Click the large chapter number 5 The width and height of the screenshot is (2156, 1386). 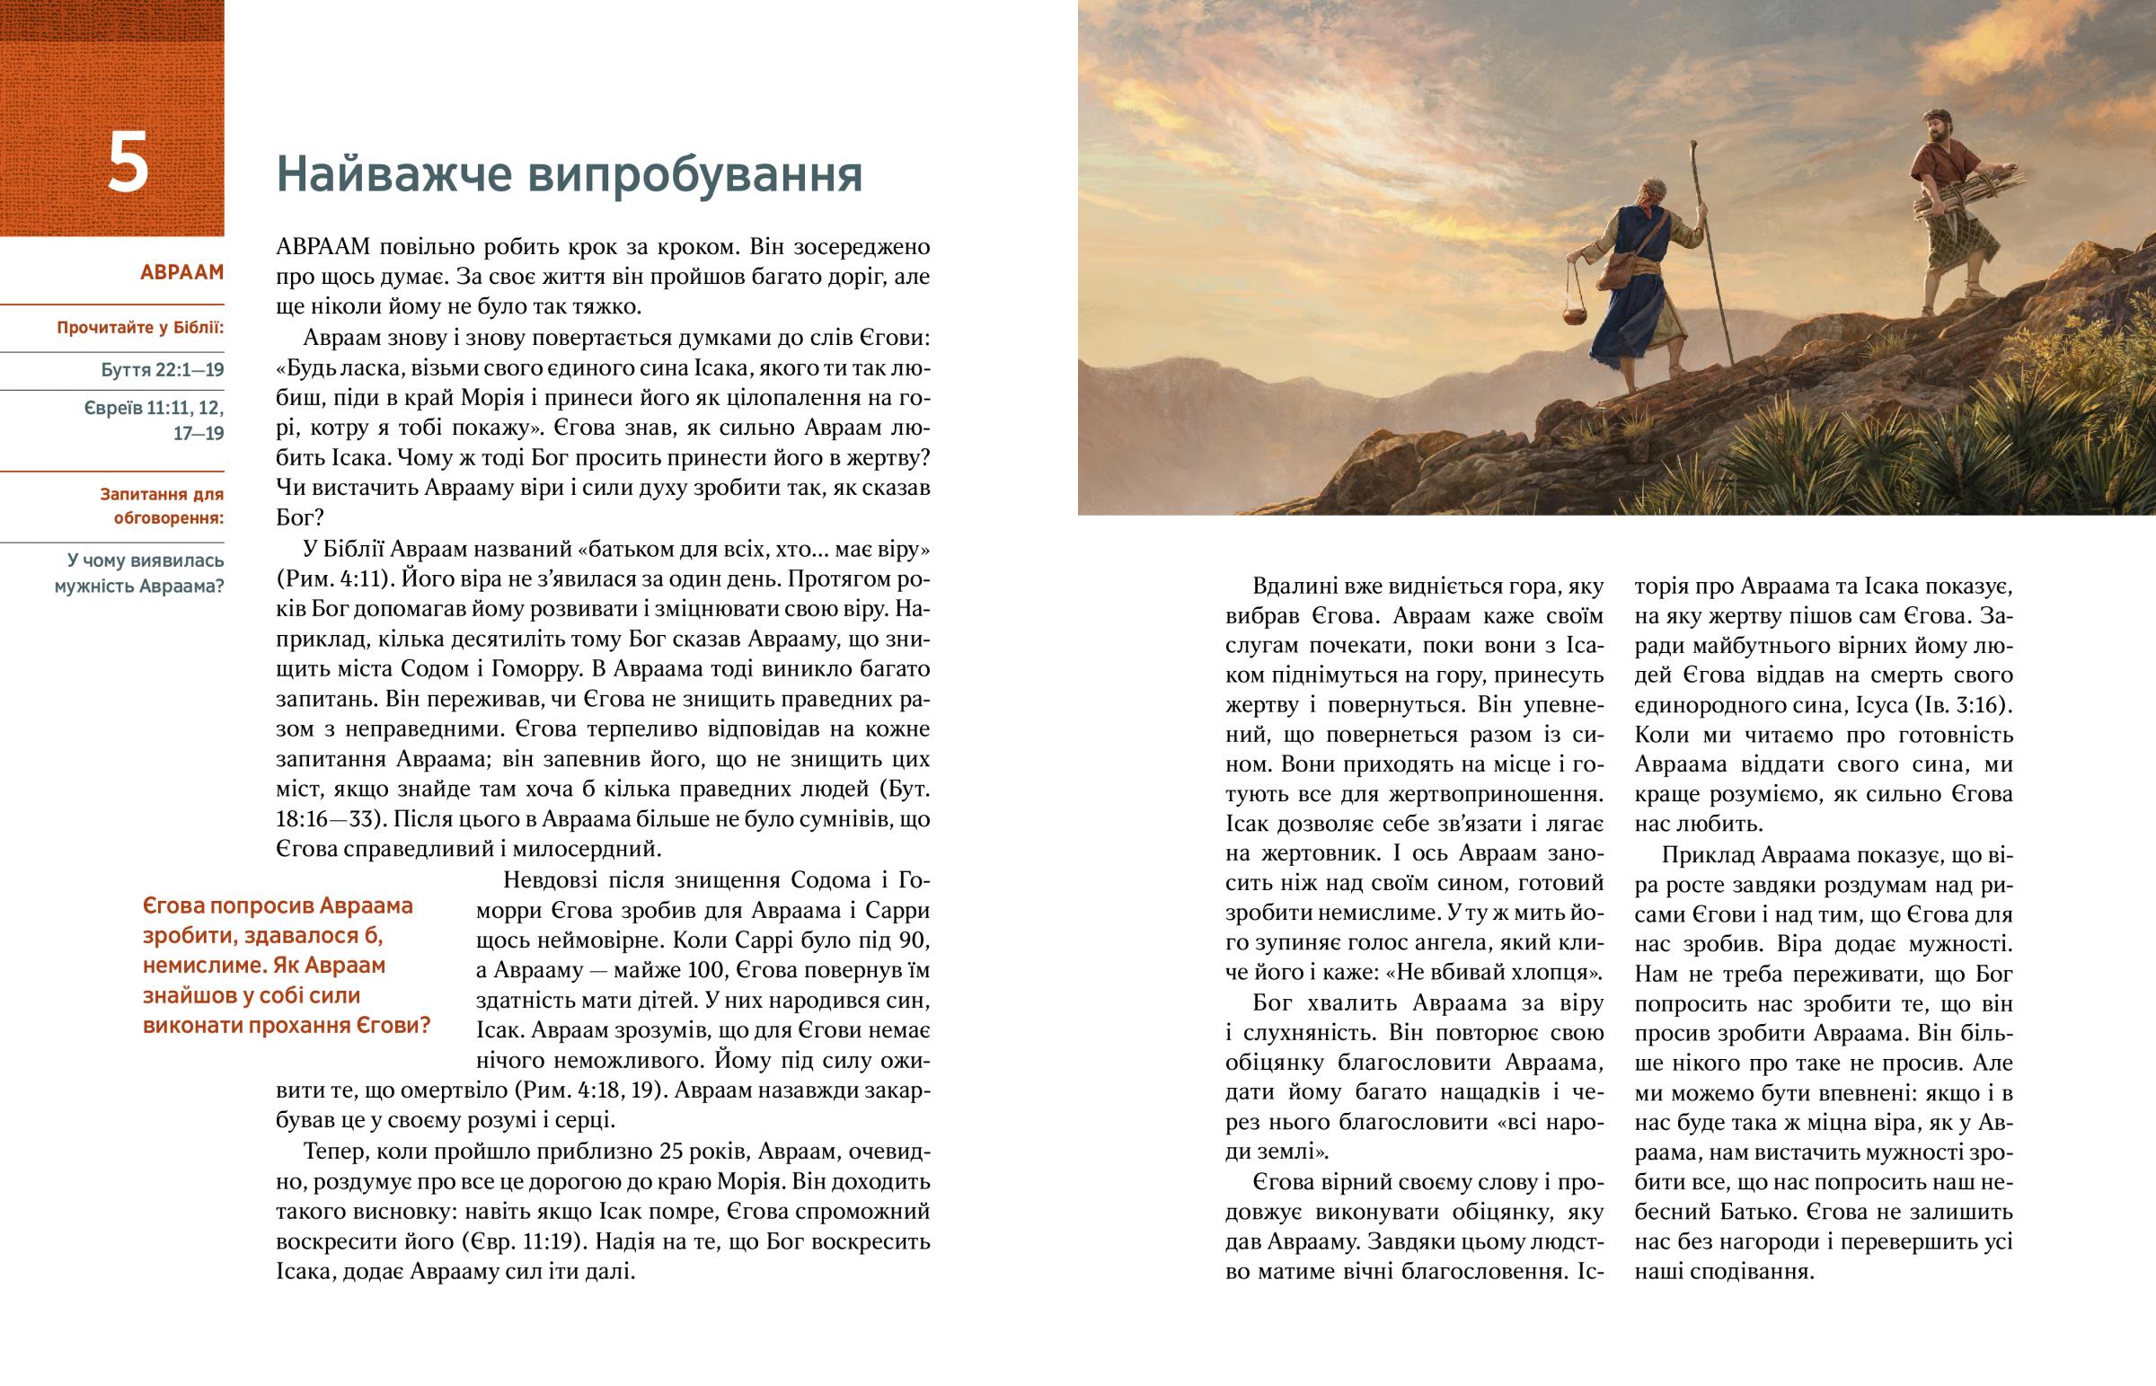pos(128,163)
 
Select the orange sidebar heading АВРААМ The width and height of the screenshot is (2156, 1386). pos(181,273)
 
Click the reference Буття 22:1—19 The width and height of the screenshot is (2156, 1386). pos(162,370)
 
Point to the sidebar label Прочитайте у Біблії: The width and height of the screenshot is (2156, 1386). pos(139,328)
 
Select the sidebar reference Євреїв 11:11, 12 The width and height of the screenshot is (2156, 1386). pos(154,409)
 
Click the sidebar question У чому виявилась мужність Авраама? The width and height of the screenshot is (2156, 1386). pos(139,573)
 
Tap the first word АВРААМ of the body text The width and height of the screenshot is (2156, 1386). pos(323,247)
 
